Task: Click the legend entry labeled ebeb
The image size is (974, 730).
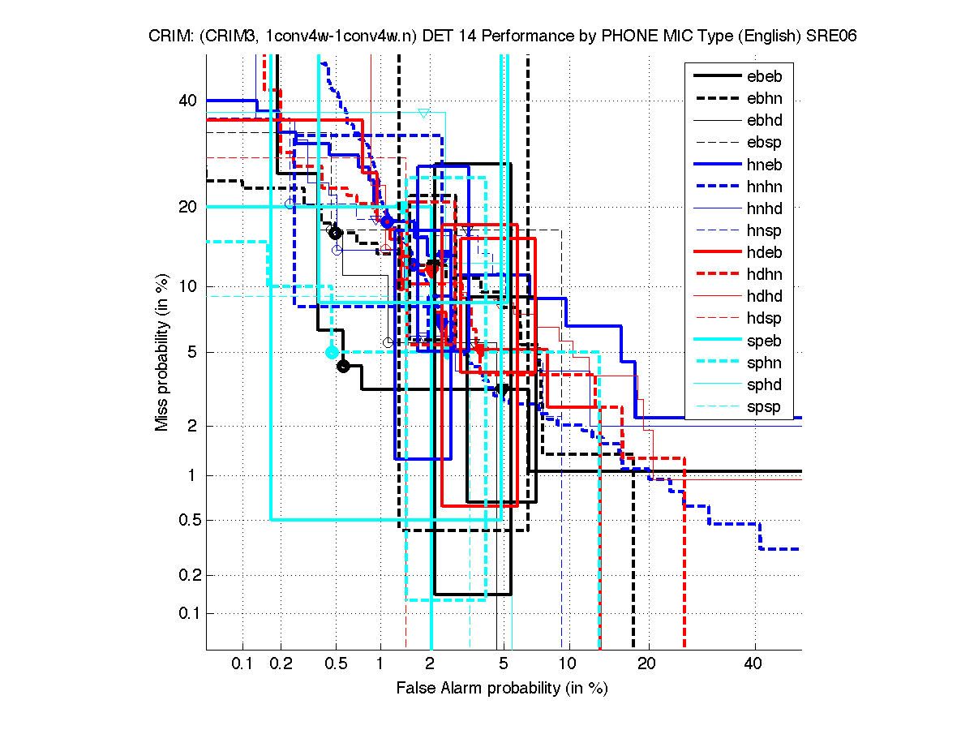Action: point(764,77)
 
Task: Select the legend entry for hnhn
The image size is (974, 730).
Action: point(764,187)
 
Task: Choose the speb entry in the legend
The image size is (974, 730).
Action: point(764,341)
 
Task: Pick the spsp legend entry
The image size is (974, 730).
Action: point(764,406)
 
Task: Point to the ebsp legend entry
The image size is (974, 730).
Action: point(764,143)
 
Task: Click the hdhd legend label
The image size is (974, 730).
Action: point(764,297)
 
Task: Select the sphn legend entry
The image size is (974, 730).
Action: point(764,363)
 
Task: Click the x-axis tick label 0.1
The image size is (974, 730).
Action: point(242,664)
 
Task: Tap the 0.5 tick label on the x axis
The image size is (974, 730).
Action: point(336,664)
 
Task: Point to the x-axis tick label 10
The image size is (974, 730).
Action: point(568,664)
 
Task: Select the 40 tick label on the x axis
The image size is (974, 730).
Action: point(753,664)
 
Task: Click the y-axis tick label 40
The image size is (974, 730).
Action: point(188,101)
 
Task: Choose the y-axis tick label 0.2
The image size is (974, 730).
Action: point(186,575)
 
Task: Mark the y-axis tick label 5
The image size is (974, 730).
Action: point(193,352)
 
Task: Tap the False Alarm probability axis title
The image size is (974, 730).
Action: point(502,689)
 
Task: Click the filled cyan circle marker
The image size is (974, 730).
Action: point(332,352)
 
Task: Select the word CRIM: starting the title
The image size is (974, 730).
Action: point(168,36)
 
